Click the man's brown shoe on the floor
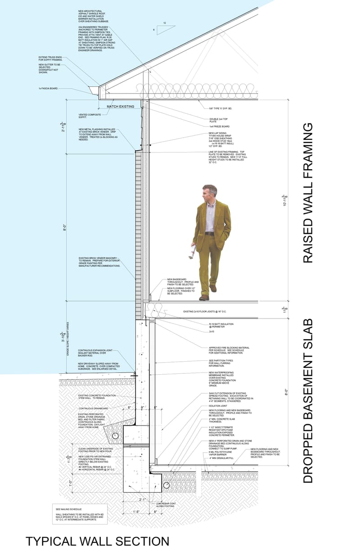coord(204,297)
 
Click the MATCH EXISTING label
coord(120,107)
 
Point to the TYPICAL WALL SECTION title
coord(98,541)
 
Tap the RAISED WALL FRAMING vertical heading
coord(307,193)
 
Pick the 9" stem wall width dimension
coord(142,408)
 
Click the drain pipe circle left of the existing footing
coord(116,436)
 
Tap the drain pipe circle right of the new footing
coord(166,485)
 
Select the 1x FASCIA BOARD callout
coord(48,89)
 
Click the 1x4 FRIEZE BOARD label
coord(219,126)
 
